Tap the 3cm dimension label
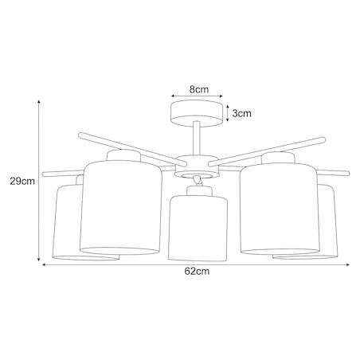point(242,113)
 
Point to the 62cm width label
point(196,272)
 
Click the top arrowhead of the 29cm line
point(39,102)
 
